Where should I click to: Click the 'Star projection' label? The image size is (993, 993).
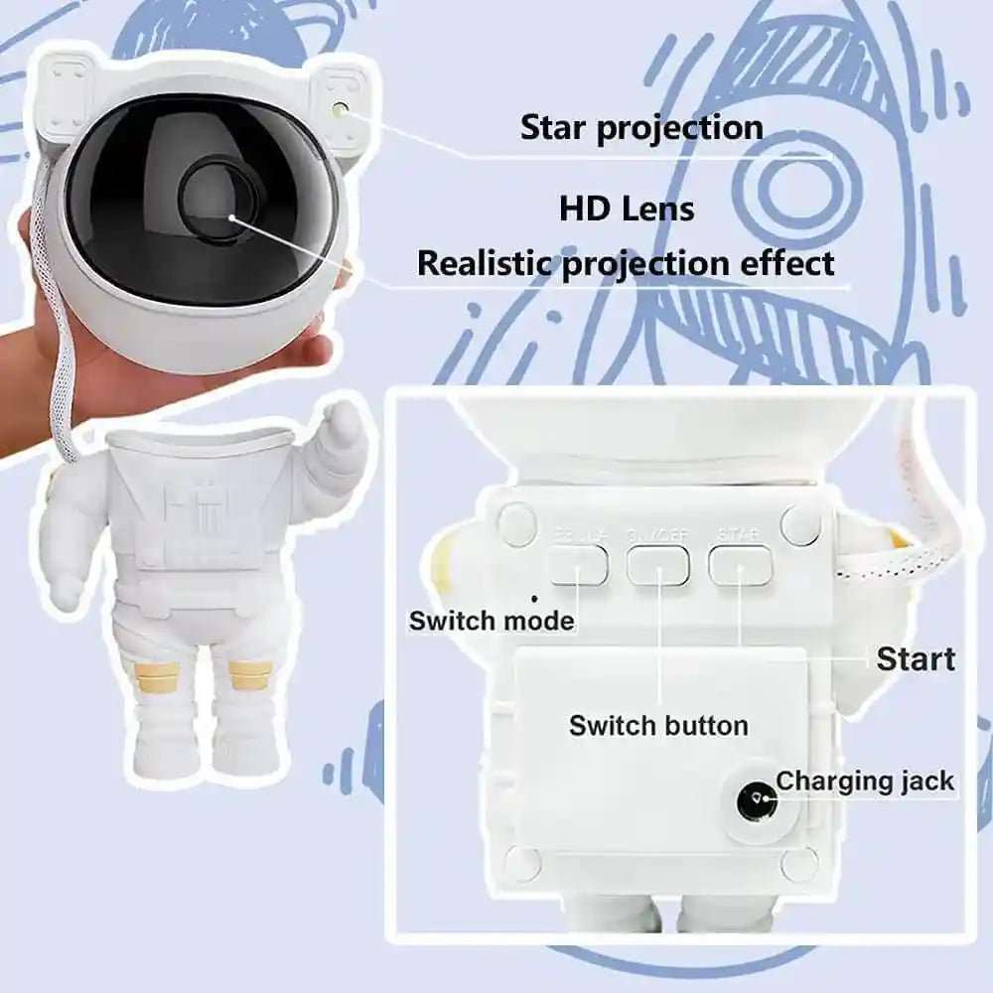point(641,128)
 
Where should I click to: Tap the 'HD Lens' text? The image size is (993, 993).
point(626,210)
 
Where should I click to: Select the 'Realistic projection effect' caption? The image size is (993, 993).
point(626,264)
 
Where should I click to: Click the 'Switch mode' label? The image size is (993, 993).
point(492,622)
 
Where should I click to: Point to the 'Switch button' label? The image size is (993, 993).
point(658,725)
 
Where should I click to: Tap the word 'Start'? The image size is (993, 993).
point(916,659)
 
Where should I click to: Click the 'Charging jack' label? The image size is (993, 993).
point(865,780)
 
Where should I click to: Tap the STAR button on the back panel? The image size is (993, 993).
point(740,565)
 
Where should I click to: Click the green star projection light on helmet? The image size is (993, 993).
point(341,109)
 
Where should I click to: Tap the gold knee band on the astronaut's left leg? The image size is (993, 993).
point(248,675)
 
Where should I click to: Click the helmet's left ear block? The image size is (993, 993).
point(65,94)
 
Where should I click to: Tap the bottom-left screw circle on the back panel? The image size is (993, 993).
point(523,862)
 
